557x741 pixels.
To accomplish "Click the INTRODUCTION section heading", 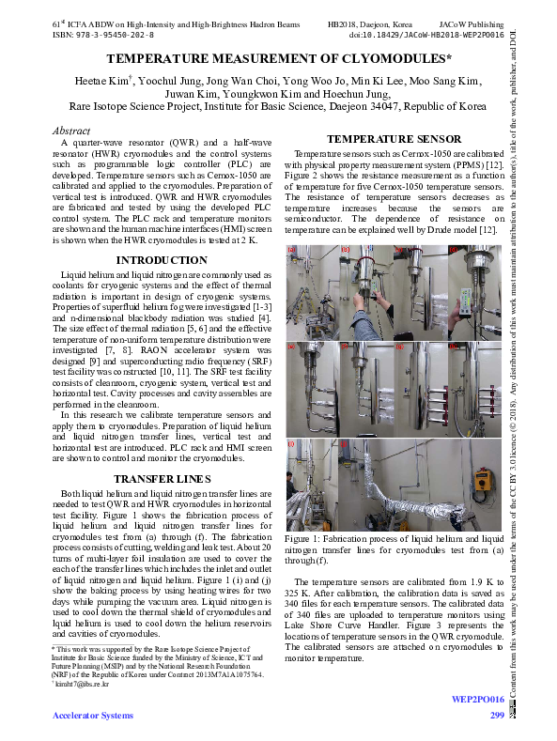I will [161, 260].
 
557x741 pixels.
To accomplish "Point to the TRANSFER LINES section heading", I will [161, 479].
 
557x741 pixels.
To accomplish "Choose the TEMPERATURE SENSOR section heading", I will [394, 140].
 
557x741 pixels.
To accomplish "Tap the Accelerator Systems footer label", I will [93, 717].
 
